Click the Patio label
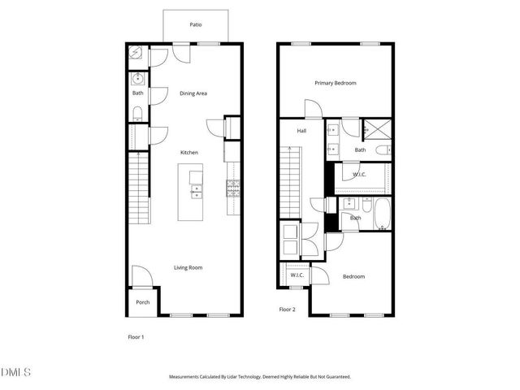click(195, 25)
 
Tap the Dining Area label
click(193, 93)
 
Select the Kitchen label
click(189, 153)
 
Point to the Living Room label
click(188, 267)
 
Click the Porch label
click(142, 302)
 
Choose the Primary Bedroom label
click(336, 83)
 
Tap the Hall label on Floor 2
click(301, 131)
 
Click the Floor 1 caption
click(136, 336)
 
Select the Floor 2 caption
click(287, 310)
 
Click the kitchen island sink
click(196, 192)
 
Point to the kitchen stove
click(233, 190)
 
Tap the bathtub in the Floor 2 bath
click(382, 218)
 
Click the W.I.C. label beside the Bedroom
click(297, 276)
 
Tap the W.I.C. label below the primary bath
click(360, 175)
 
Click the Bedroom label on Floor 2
click(353, 277)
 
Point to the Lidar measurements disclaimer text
click(259, 377)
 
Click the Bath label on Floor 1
click(138, 93)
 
